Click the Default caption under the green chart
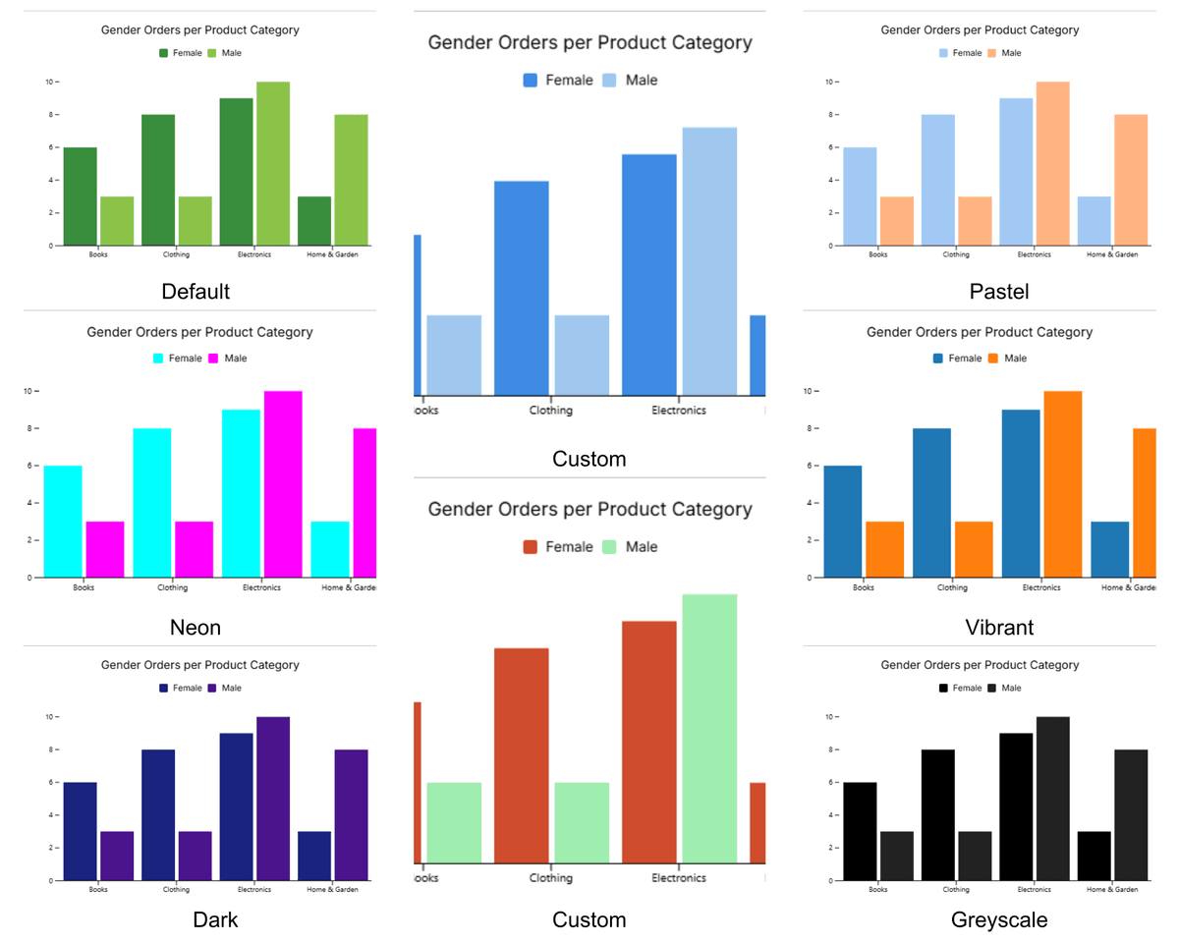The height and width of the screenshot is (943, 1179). point(196,292)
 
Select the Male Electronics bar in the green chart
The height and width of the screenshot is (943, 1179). point(273,164)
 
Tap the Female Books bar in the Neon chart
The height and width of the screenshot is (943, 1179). point(63,522)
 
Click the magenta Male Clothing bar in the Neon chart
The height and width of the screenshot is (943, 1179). point(195,549)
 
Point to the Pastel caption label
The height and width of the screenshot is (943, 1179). point(999,292)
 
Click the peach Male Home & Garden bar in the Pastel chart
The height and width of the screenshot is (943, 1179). point(1131,180)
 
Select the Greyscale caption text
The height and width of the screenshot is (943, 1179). point(999,920)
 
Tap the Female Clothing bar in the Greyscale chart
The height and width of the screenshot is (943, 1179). point(938,815)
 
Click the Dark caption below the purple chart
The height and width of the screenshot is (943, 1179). point(215,920)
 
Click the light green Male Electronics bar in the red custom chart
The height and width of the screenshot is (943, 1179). point(709,729)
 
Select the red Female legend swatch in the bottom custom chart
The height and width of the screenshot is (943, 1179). point(531,547)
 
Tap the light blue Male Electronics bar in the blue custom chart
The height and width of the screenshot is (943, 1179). point(709,261)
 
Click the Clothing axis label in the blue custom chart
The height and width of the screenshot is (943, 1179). point(550,411)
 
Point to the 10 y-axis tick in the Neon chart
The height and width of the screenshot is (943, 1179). point(30,391)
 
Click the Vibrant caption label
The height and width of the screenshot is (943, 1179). point(999,627)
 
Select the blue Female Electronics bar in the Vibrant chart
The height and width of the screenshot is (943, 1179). point(1021,493)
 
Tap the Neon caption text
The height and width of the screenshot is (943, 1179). point(196,627)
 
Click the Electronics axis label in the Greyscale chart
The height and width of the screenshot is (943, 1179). point(1034,889)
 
